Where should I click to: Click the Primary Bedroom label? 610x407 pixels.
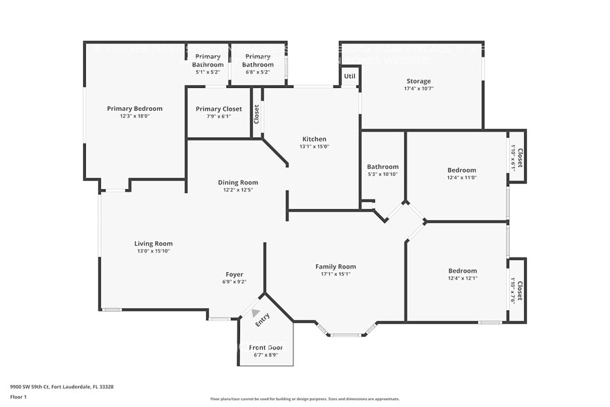pos(134,109)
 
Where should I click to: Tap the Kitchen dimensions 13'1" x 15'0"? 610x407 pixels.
pos(314,146)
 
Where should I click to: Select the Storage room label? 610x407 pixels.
pos(418,81)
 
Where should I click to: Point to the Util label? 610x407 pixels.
pos(349,76)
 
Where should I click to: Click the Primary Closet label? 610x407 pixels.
pos(219,109)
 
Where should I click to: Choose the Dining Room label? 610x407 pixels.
pos(238,183)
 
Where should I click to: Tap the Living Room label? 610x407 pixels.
pos(153,244)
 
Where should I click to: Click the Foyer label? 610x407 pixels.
pos(234,274)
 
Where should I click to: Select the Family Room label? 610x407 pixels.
pos(335,266)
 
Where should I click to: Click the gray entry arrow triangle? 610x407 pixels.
pos(255,313)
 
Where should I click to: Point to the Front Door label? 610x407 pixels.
pos(266,347)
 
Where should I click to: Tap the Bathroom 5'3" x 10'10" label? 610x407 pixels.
pos(382,167)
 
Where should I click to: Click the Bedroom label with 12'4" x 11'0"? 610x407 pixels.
pos(461,170)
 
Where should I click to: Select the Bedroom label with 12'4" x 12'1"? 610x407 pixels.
pos(462,271)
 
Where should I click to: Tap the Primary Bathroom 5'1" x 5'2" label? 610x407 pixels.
pos(207,60)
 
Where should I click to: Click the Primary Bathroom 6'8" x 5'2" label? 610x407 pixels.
pos(257,60)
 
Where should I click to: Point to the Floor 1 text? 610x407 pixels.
pos(18,397)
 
